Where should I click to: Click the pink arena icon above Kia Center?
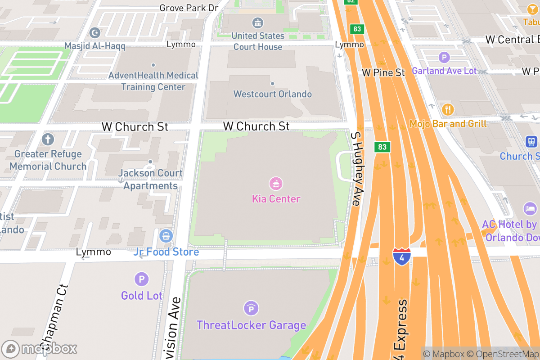pos(275,184)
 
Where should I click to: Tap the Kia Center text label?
pos(276,199)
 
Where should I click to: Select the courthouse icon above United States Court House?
pos(258,23)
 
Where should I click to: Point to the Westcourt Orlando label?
pos(272,94)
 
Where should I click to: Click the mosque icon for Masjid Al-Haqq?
pos(95,32)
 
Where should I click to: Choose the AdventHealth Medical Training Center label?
pos(153,81)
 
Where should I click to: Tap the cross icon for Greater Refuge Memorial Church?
pos(48,139)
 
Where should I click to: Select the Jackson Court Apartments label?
pos(150,179)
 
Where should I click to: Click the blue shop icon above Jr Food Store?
pos(166,235)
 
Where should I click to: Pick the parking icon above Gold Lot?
pos(141,279)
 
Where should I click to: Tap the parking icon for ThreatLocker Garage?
pos(251,308)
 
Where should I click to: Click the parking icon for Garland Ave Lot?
pos(444,57)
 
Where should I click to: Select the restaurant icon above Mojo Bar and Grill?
pos(448,109)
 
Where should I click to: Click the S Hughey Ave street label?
pos(356,169)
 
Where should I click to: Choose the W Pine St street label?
pos(384,72)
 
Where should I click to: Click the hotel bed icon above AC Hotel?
pos(530,208)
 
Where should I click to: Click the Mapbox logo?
pos(40,348)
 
